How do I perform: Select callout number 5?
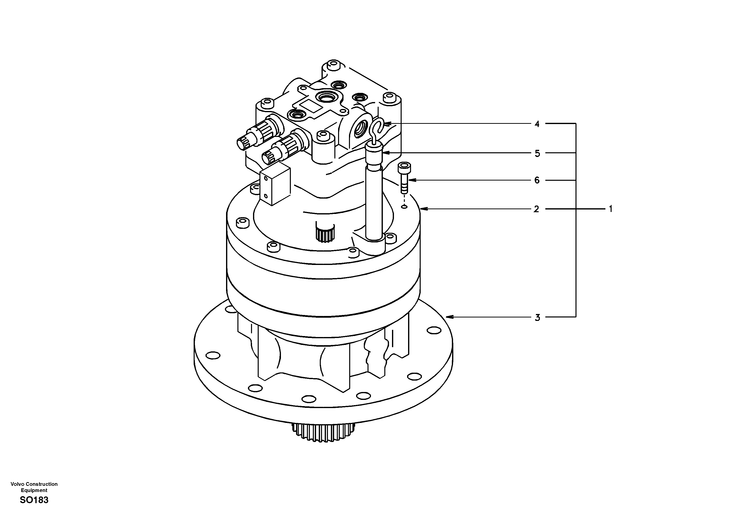(x=537, y=154)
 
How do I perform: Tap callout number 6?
(x=537, y=181)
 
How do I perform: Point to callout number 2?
(x=536, y=209)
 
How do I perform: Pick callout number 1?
(x=610, y=209)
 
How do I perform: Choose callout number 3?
(x=537, y=317)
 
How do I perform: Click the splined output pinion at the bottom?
(x=324, y=431)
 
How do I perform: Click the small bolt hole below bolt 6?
(x=405, y=207)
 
